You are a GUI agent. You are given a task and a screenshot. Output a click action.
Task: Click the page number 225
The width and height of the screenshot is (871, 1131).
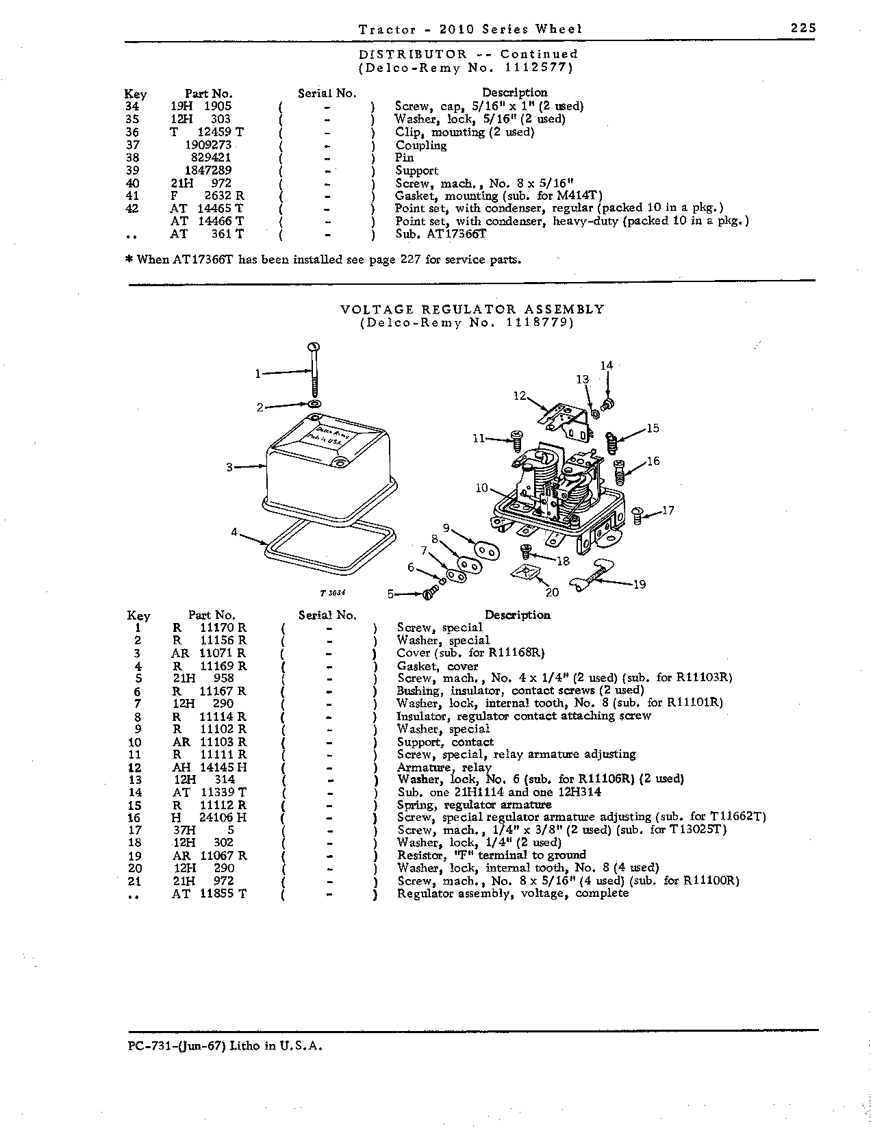pos(803,28)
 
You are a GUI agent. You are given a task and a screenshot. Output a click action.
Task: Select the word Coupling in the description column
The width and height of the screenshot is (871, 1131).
pos(420,145)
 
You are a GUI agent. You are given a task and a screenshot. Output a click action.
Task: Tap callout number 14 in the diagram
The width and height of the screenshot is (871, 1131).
pos(607,366)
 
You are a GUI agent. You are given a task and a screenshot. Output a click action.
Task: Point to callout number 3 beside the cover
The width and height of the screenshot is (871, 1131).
pos(229,468)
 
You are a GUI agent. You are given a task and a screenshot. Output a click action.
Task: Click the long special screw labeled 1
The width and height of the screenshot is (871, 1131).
pos(314,370)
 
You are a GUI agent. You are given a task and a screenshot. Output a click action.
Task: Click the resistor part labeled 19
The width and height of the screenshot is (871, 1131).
pos(592,574)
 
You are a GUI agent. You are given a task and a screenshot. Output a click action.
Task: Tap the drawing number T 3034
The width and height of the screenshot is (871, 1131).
pos(333,593)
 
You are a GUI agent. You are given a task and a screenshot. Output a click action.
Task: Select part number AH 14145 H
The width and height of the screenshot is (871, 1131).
pos(210,767)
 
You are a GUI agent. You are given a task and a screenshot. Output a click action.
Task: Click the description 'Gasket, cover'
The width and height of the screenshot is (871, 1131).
pos(437,666)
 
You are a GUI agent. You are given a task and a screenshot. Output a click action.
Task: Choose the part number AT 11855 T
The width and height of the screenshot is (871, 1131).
pos(209,893)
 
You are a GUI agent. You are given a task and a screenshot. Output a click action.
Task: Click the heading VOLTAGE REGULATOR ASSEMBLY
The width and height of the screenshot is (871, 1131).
pos(472,309)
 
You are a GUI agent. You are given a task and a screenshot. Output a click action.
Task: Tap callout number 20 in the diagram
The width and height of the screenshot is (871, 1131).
pos(552,592)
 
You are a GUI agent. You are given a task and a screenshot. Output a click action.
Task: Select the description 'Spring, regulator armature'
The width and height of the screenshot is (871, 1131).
pos(474,805)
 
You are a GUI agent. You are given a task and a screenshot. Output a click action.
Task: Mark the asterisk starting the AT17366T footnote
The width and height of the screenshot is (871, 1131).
pos(130,259)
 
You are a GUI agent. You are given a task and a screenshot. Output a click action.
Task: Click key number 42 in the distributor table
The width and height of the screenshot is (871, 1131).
pos(132,208)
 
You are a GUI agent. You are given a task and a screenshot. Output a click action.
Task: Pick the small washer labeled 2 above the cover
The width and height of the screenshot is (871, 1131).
pos(314,404)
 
